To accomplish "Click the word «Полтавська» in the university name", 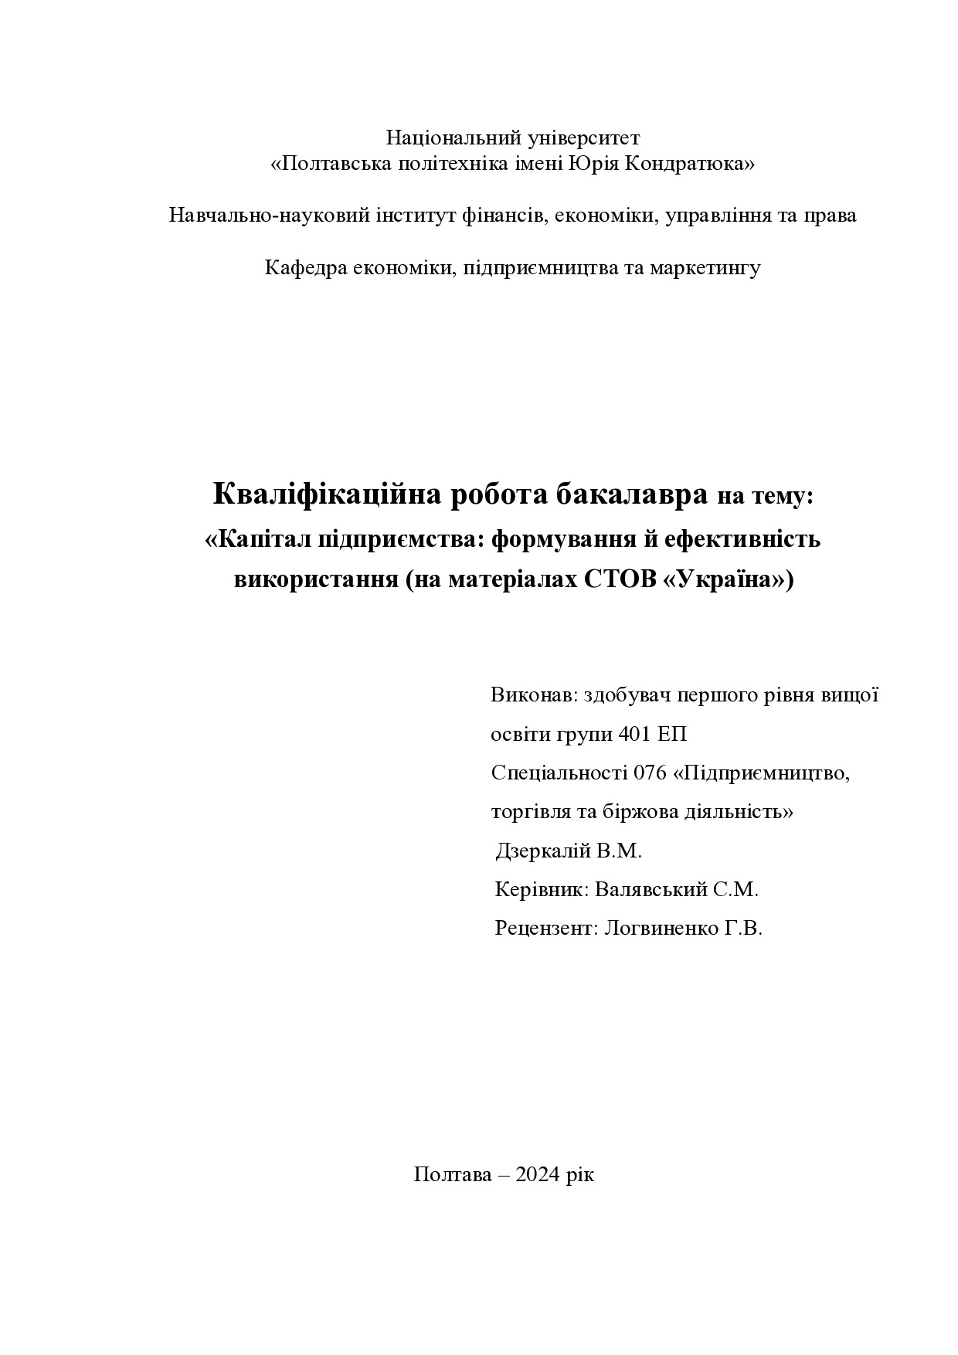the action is coord(331,164).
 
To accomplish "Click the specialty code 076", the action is coord(650,773).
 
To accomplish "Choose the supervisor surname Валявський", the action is coord(651,890).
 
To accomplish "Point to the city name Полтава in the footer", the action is coord(453,1175).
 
